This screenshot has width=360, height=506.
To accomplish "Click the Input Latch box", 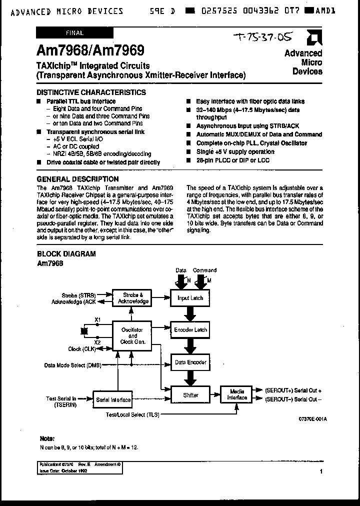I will tap(190, 298).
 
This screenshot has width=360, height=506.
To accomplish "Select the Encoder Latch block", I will tap(190, 330).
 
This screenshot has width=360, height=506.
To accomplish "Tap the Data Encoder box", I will tap(190, 362).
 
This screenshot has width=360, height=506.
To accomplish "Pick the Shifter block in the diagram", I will tap(190, 394).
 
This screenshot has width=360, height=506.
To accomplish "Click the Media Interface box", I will tap(237, 394).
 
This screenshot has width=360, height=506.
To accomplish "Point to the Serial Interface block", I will tap(113, 399).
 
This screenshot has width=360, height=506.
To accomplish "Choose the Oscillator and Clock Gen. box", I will tap(132, 335).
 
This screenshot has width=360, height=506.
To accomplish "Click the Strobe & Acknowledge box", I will tap(132, 298).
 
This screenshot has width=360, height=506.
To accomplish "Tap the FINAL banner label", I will tap(75, 33).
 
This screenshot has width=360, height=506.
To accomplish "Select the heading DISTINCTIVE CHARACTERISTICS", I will tap(91, 92).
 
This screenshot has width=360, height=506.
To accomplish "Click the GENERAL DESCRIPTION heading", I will tap(78, 179).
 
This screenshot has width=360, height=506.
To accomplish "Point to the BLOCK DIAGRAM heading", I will tap(66, 253).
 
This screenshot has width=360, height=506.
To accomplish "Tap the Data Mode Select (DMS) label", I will tap(73, 365).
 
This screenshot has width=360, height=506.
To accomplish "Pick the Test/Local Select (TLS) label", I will tap(132, 414).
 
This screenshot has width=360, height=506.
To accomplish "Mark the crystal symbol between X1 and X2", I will tap(84, 330).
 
